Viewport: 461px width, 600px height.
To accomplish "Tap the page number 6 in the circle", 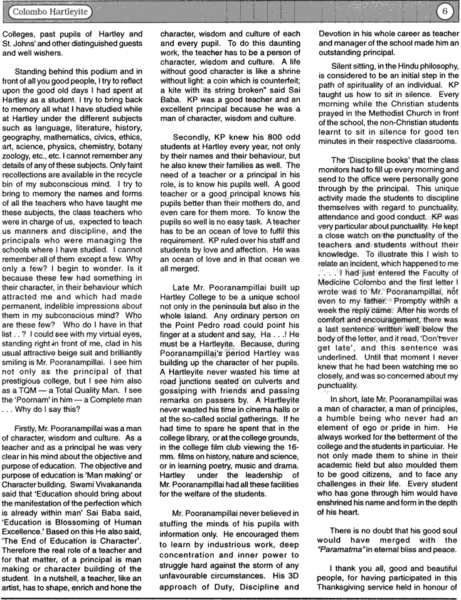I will [443, 11].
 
